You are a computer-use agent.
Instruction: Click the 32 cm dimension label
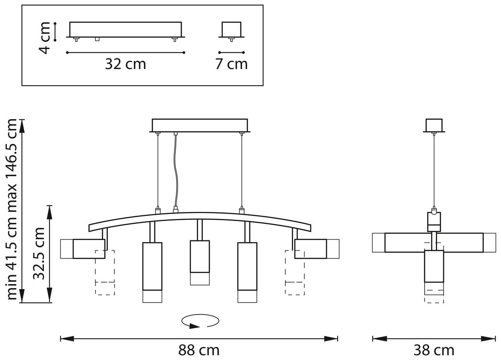click(125, 64)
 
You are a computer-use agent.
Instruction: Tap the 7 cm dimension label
click(231, 64)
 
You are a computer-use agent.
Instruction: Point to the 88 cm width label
click(199, 350)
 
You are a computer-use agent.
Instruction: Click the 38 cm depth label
click(434, 350)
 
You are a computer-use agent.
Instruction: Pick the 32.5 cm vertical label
click(39, 253)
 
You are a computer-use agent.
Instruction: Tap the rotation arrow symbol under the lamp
click(200, 321)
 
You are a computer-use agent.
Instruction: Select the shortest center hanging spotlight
click(200, 262)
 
